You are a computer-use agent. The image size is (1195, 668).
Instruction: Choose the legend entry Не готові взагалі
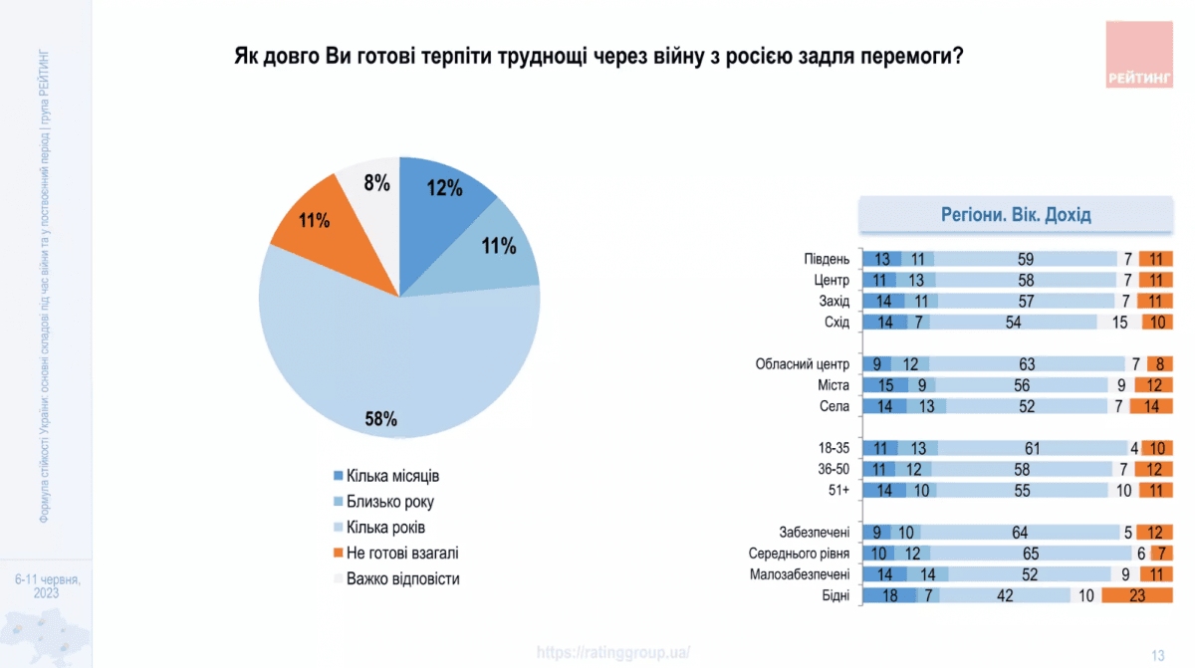401,553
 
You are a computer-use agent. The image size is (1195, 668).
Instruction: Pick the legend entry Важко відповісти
402,578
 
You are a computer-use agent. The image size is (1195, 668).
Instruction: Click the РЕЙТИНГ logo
1138,54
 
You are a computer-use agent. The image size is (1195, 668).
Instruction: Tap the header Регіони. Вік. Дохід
1016,215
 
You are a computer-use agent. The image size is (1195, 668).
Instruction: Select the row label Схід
836,323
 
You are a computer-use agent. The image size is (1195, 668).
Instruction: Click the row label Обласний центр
804,364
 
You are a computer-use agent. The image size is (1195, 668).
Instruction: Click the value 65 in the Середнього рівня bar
1030,554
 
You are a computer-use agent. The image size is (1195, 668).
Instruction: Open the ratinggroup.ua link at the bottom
612,652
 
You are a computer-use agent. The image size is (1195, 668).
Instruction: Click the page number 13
1157,654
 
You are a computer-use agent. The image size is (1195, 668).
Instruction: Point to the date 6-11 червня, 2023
47,585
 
